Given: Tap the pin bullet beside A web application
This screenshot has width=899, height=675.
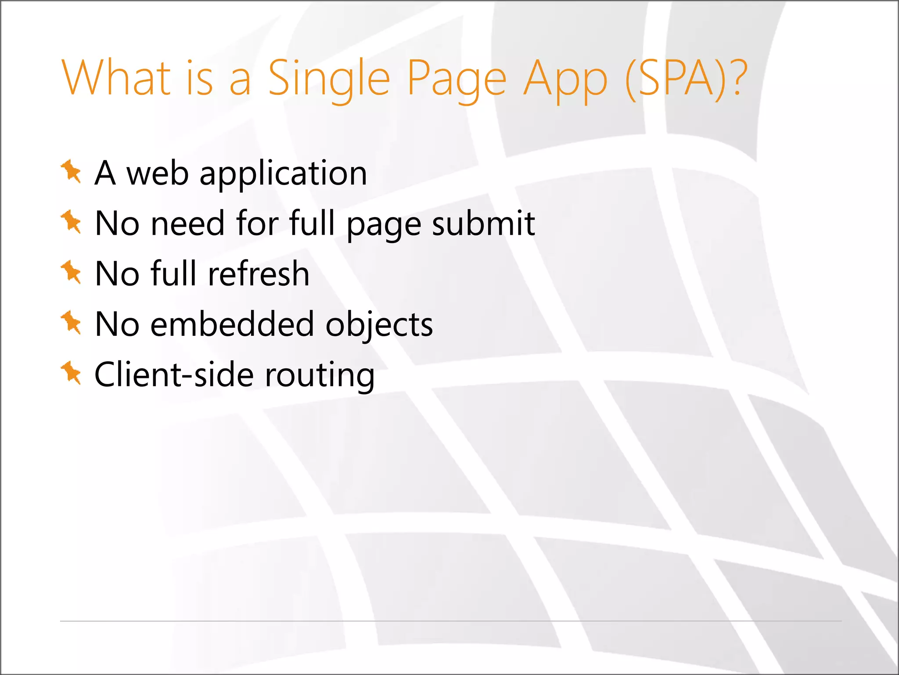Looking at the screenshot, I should coord(71,171).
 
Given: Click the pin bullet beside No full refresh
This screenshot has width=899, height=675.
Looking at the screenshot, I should coord(71,272).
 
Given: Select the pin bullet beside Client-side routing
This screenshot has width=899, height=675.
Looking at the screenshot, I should coord(71,373).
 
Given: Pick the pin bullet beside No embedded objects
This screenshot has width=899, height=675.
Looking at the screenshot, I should coord(71,323).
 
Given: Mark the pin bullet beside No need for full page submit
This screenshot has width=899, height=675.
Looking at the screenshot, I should coord(71,222).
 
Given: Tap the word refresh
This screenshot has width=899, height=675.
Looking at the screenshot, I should coord(259,274).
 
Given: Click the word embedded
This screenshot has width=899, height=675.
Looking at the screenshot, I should coord(232,324).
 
